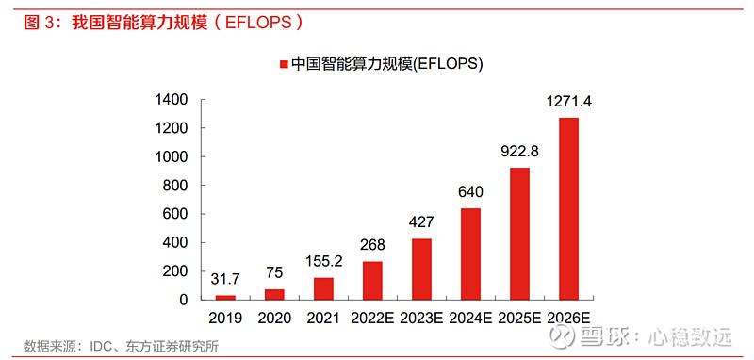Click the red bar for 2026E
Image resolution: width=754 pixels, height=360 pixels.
[568, 208]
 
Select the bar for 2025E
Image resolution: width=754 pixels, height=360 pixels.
[519, 234]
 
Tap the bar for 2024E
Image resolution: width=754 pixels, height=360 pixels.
[470, 254]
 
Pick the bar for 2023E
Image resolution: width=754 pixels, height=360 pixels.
[421, 269]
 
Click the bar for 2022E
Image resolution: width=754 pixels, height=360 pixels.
[372, 280]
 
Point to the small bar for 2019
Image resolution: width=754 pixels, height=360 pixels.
[225, 297]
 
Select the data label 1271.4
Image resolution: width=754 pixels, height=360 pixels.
[569, 101]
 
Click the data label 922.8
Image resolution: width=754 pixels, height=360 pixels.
[519, 151]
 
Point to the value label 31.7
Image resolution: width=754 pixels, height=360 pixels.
[225, 279]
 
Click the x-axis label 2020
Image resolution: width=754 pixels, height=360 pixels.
[274, 319]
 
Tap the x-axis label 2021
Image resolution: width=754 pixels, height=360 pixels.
[323, 319]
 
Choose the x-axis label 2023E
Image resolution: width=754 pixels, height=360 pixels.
[421, 319]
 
